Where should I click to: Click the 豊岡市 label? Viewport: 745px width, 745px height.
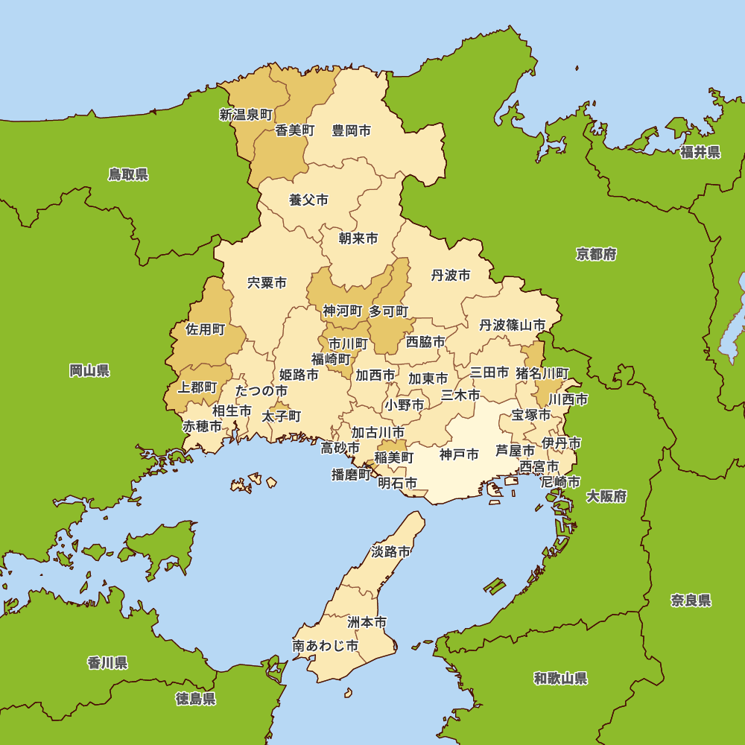point(351,130)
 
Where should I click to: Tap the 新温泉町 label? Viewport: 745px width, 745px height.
point(246,115)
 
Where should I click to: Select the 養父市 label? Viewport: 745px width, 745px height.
point(308,200)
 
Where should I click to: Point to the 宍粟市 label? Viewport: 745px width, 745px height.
point(267,283)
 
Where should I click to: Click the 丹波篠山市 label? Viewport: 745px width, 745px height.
point(512,325)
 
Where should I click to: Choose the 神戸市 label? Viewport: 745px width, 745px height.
point(459,454)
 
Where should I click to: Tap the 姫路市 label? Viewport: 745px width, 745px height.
point(299,375)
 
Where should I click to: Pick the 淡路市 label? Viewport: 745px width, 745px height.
point(390,552)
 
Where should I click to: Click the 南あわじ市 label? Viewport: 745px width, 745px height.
point(325,645)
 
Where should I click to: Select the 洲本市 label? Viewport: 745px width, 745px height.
point(367,621)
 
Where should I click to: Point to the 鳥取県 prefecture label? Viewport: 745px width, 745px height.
point(128,174)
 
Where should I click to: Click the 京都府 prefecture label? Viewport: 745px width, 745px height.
point(596,254)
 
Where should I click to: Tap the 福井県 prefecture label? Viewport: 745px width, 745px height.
point(700,153)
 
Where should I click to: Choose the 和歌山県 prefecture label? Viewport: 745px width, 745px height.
point(560,678)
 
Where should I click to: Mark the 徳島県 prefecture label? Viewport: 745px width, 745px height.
point(196,698)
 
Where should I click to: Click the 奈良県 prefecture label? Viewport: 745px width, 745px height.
point(691,600)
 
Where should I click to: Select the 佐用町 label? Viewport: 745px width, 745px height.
point(205,329)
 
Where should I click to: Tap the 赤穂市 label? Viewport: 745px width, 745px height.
point(202,426)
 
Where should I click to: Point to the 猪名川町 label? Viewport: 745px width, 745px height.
point(542,372)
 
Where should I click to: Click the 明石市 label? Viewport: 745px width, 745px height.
point(397,483)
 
